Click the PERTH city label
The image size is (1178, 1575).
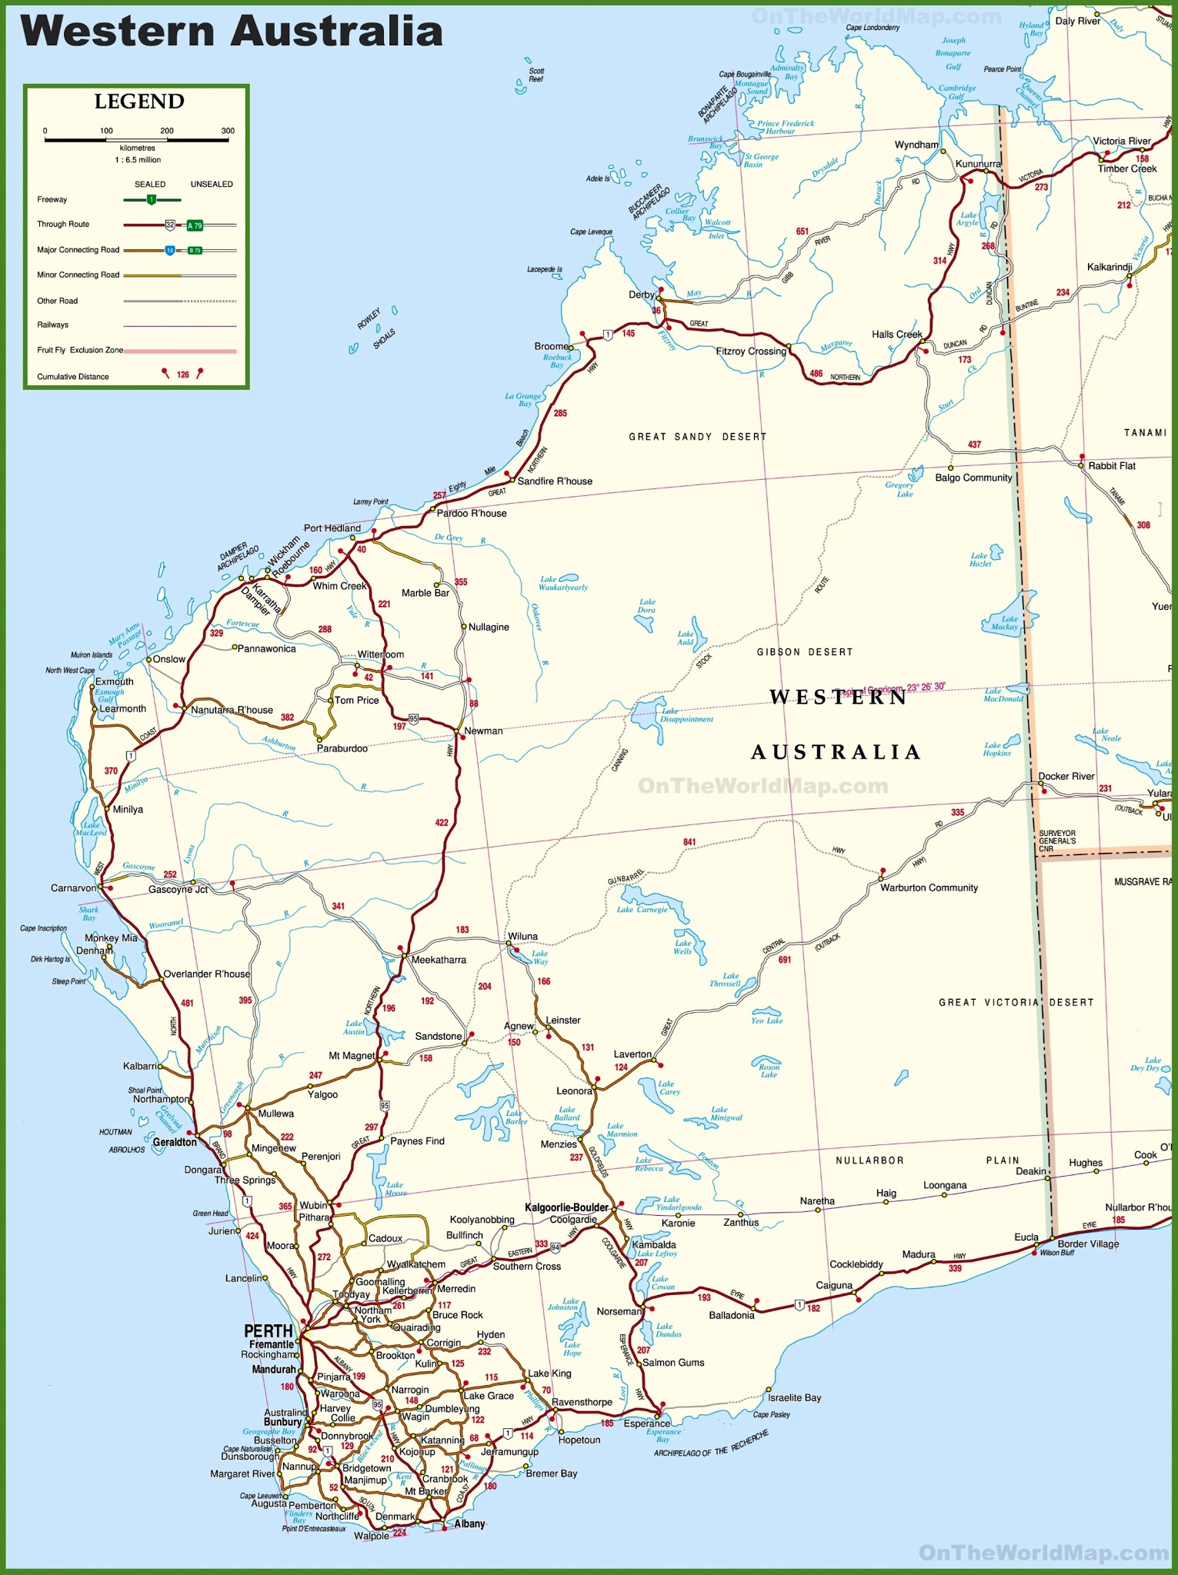(x=269, y=1330)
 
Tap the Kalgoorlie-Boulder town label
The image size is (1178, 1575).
(x=566, y=1207)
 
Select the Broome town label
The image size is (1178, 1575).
(x=551, y=346)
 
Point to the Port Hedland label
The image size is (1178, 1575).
(x=332, y=528)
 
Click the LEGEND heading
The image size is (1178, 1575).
(x=139, y=102)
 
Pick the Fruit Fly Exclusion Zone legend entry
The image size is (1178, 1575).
(x=80, y=350)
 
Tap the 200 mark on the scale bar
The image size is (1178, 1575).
(x=167, y=131)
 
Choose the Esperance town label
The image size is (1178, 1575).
(x=646, y=1423)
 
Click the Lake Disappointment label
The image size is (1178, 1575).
(x=686, y=715)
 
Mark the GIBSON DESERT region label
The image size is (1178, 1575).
(x=805, y=652)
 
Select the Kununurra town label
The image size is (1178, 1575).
(x=978, y=164)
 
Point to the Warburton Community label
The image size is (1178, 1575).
(x=929, y=887)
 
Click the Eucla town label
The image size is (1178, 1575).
(x=1026, y=1237)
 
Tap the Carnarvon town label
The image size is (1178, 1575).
(x=73, y=887)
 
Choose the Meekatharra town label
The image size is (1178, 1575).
(x=439, y=960)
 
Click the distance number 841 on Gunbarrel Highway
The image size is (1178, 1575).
(x=689, y=842)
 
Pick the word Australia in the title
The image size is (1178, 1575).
(x=336, y=32)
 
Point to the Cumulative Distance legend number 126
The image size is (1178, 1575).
(x=182, y=375)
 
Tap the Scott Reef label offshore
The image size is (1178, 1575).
(x=536, y=75)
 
